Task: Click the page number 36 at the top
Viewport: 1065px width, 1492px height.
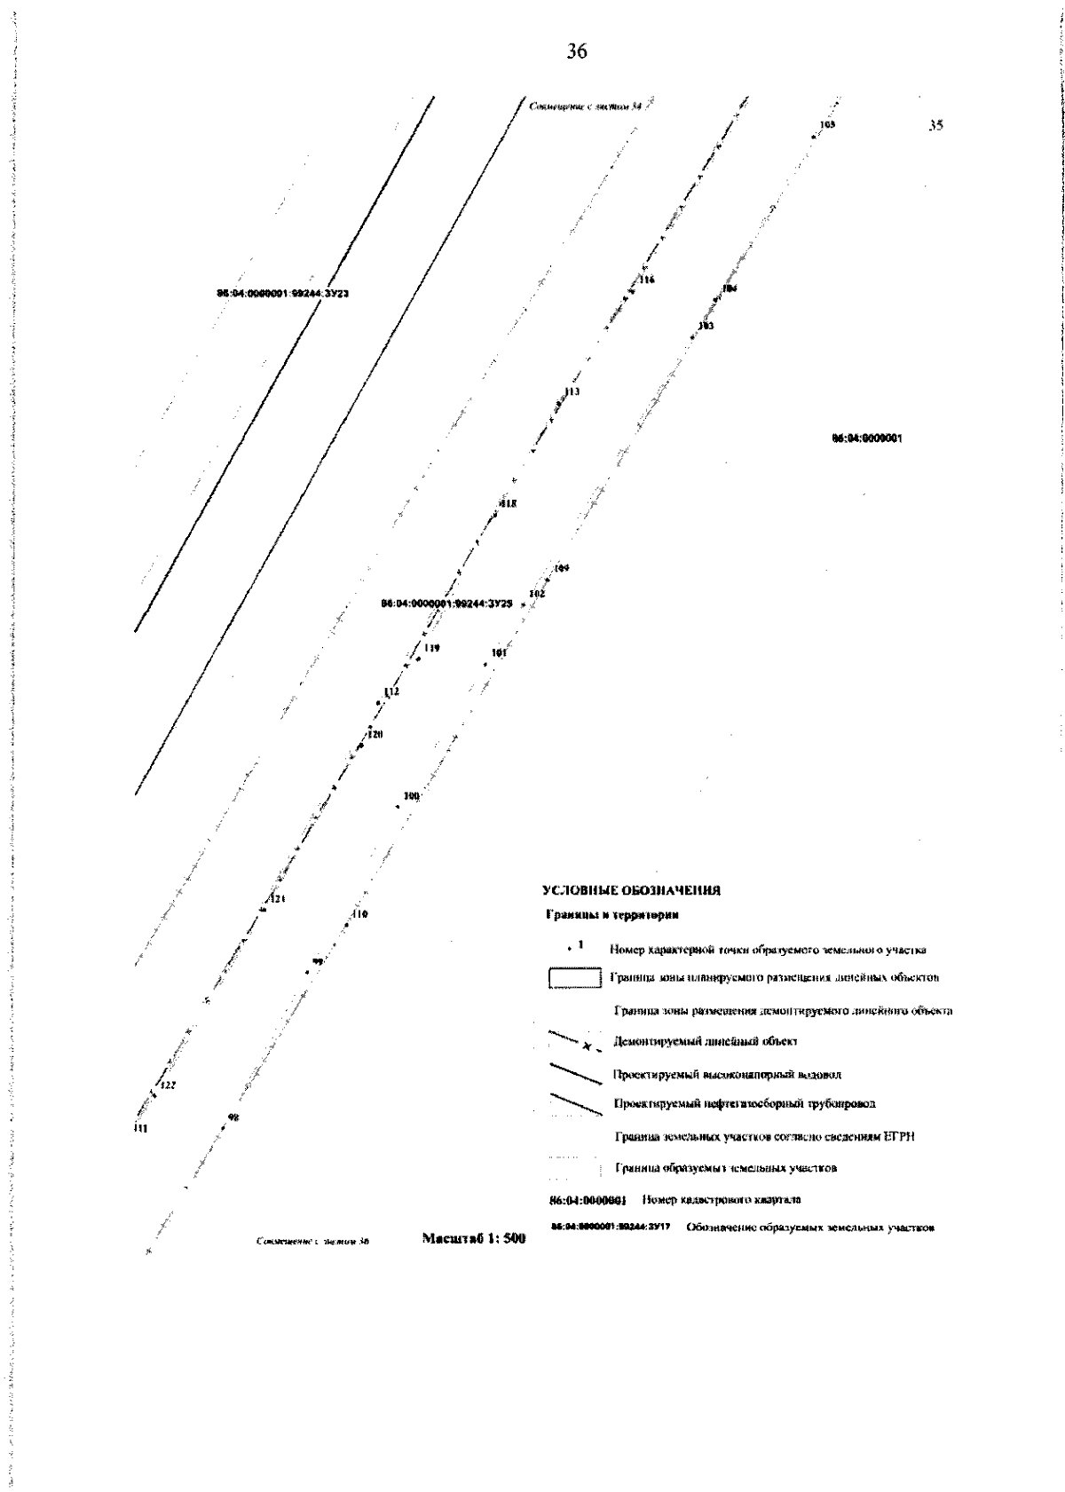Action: coord(576,52)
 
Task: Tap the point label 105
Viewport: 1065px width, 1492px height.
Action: coord(827,125)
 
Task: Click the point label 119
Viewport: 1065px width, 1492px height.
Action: coord(431,648)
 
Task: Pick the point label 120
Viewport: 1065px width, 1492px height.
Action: coord(375,734)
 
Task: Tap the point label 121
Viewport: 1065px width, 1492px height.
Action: coord(278,899)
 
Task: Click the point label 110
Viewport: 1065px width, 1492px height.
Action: coord(359,913)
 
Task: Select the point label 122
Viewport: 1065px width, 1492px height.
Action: coord(168,1085)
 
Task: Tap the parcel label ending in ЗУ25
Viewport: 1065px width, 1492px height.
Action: coord(446,603)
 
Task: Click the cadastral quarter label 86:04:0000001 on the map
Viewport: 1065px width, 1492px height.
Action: coord(867,438)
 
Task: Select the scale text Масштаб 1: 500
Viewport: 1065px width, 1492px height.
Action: coord(473,1238)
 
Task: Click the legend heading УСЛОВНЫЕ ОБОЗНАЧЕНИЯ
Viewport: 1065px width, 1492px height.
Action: coord(630,890)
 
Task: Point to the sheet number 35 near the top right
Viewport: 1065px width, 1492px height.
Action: coord(935,126)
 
